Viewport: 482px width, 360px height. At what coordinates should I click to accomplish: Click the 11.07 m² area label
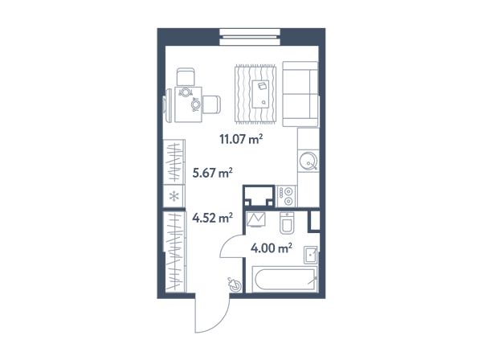coord(241,139)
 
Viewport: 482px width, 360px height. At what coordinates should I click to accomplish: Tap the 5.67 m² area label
coord(212,173)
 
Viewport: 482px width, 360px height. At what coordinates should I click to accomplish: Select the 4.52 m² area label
coord(212,218)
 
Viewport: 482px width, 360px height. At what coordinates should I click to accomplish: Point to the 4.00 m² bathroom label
coord(272,247)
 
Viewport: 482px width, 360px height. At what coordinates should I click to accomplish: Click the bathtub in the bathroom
coord(284,280)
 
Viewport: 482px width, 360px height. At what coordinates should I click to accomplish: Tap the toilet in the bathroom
coord(287,223)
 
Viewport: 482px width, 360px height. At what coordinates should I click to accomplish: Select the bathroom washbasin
coord(310,255)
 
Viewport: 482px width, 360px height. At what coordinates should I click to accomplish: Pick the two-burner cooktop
coord(286,196)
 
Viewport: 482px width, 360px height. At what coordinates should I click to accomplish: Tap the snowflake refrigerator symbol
coord(174,196)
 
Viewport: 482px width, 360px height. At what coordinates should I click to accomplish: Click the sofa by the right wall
coord(300,94)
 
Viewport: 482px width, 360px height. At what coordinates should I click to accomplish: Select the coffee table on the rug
coord(260,94)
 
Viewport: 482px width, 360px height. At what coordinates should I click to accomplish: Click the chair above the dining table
coord(186,76)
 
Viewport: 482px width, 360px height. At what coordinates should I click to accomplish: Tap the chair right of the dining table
coord(211,104)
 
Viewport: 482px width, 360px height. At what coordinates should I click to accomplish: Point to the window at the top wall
coord(250,37)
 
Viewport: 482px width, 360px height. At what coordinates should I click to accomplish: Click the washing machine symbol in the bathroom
coord(256,219)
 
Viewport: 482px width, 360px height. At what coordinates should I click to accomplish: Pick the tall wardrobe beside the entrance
coord(174,252)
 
